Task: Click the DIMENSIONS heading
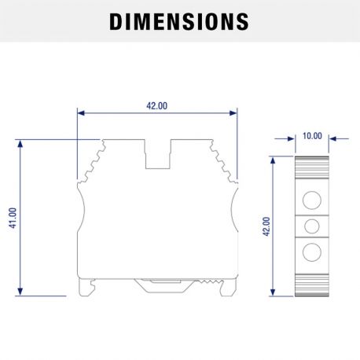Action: point(179,20)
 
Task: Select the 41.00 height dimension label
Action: point(12,219)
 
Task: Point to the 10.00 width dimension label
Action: point(311,136)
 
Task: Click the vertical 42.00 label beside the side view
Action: point(266,227)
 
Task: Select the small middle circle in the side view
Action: point(311,226)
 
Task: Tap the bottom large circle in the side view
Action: point(311,253)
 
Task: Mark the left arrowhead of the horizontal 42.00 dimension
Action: point(80,113)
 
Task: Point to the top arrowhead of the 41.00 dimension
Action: point(20,144)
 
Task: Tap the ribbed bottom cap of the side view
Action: point(311,286)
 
